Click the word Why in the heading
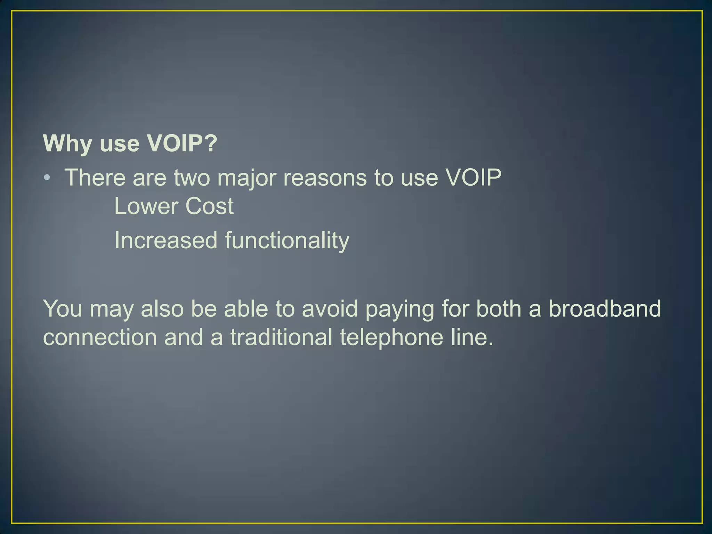(x=67, y=143)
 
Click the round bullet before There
(x=48, y=178)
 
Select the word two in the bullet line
(x=192, y=178)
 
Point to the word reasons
(x=325, y=178)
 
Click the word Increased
(x=165, y=240)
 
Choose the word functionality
(x=287, y=241)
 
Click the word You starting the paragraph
(x=63, y=308)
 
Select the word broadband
(x=605, y=308)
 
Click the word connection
(x=100, y=337)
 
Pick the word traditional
(x=281, y=337)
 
